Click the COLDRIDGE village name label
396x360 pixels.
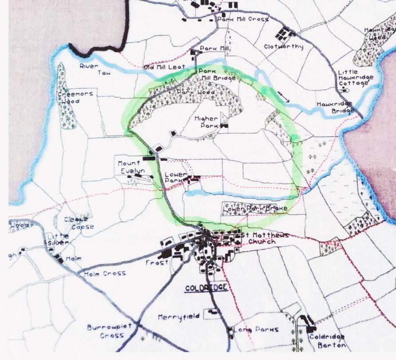pos(206,288)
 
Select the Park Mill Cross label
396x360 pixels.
pos(242,20)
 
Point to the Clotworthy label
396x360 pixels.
pos(283,47)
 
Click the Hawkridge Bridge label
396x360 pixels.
pos(335,107)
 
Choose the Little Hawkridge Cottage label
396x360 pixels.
pos(356,78)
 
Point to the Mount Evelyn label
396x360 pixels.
pos(129,167)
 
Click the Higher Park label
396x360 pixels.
pos(206,122)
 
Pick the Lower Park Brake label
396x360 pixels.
pos(255,208)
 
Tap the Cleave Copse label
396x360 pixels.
pos(79,223)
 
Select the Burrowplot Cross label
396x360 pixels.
pos(104,331)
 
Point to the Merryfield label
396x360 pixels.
pos(178,317)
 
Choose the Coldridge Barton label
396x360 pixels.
pos(327,341)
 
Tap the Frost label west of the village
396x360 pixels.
pos(157,263)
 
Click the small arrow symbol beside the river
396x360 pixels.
pos(283,96)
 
